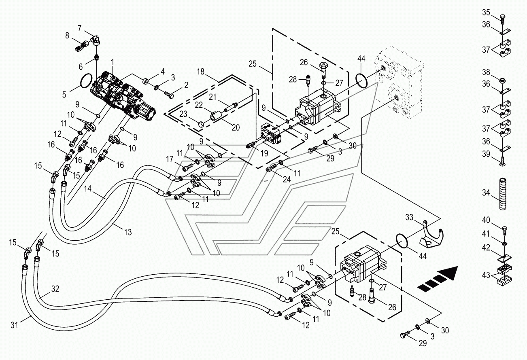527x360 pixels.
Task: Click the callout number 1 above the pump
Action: pyautogui.click(x=113, y=62)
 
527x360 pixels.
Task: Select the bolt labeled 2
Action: pyautogui.click(x=169, y=95)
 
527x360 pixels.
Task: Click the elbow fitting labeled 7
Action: pyautogui.click(x=96, y=39)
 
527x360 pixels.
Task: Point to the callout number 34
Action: pyautogui.click(x=486, y=193)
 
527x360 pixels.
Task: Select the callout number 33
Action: pyautogui.click(x=409, y=217)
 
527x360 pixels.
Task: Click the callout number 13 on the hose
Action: pyautogui.click(x=128, y=232)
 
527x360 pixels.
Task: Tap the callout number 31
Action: pyautogui.click(x=14, y=325)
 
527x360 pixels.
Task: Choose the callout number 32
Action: pyautogui.click(x=55, y=288)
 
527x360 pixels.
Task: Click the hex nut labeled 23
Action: pyautogui.click(x=201, y=124)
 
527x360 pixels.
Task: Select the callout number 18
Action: pyautogui.click(x=200, y=72)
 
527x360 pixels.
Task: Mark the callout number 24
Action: pyautogui.click(x=287, y=179)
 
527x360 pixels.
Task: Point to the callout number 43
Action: pyautogui.click(x=486, y=275)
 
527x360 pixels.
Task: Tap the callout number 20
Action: pyautogui.click(x=236, y=127)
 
